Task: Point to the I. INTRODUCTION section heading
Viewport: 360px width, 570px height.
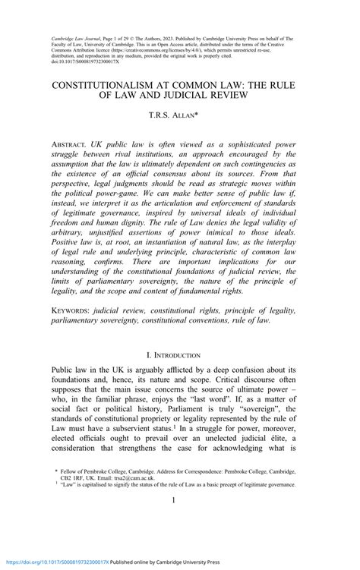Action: click(x=179, y=356)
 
